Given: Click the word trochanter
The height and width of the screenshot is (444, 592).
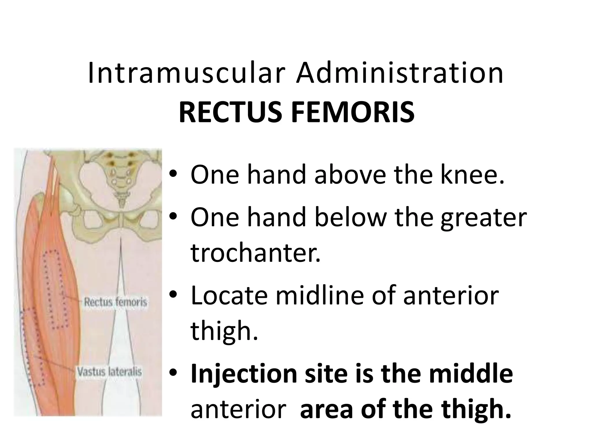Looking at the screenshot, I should click(x=256, y=253).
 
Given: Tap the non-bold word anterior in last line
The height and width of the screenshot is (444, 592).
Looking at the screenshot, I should click(x=238, y=409).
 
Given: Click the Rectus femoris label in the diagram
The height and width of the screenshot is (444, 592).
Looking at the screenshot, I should click(x=115, y=303).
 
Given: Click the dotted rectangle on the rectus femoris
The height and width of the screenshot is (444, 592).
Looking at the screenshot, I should click(x=55, y=289).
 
